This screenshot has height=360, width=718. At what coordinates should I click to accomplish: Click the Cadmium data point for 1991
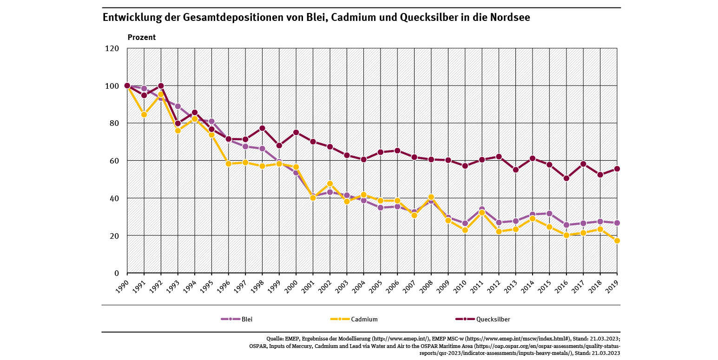144,114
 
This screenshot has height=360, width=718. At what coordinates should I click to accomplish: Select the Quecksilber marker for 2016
566,178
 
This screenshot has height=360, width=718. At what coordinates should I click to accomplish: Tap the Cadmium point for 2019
617,241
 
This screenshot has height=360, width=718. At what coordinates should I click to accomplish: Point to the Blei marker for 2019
617,223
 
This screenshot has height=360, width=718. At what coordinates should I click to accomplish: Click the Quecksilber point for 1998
263,128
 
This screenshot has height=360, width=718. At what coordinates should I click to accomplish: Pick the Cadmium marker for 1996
229,164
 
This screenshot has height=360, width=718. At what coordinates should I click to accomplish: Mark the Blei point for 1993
178,106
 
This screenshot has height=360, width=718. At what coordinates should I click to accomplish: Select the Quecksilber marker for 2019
617,169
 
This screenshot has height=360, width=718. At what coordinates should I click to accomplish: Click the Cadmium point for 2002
330,183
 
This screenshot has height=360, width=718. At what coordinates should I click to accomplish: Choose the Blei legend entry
237,319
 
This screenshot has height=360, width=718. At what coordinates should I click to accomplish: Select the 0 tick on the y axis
117,273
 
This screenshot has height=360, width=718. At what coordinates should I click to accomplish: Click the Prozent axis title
142,37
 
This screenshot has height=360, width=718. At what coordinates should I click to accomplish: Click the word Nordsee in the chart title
509,18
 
